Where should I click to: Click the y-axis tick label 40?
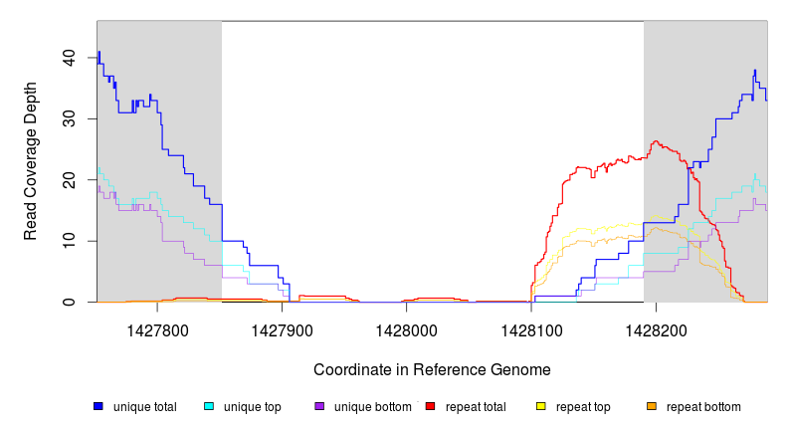pyautogui.click(x=68, y=58)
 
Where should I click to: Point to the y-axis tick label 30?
pyautogui.click(x=68, y=118)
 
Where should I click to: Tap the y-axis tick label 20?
pyautogui.click(x=68, y=180)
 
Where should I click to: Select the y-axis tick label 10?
pyautogui.click(x=68, y=241)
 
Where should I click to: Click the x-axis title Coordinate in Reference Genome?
pyautogui.click(x=432, y=369)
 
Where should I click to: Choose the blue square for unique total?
pyautogui.click(x=98, y=406)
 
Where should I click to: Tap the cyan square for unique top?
pyautogui.click(x=209, y=406)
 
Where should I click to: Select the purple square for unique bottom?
pyautogui.click(x=319, y=406)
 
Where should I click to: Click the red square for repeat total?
pyautogui.click(x=430, y=406)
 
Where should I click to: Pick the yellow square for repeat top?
pyautogui.click(x=540, y=406)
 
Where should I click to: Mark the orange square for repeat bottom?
pyautogui.click(x=652, y=406)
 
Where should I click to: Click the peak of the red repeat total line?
pyautogui.click(x=656, y=142)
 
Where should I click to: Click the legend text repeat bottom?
pyautogui.click(x=703, y=406)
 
